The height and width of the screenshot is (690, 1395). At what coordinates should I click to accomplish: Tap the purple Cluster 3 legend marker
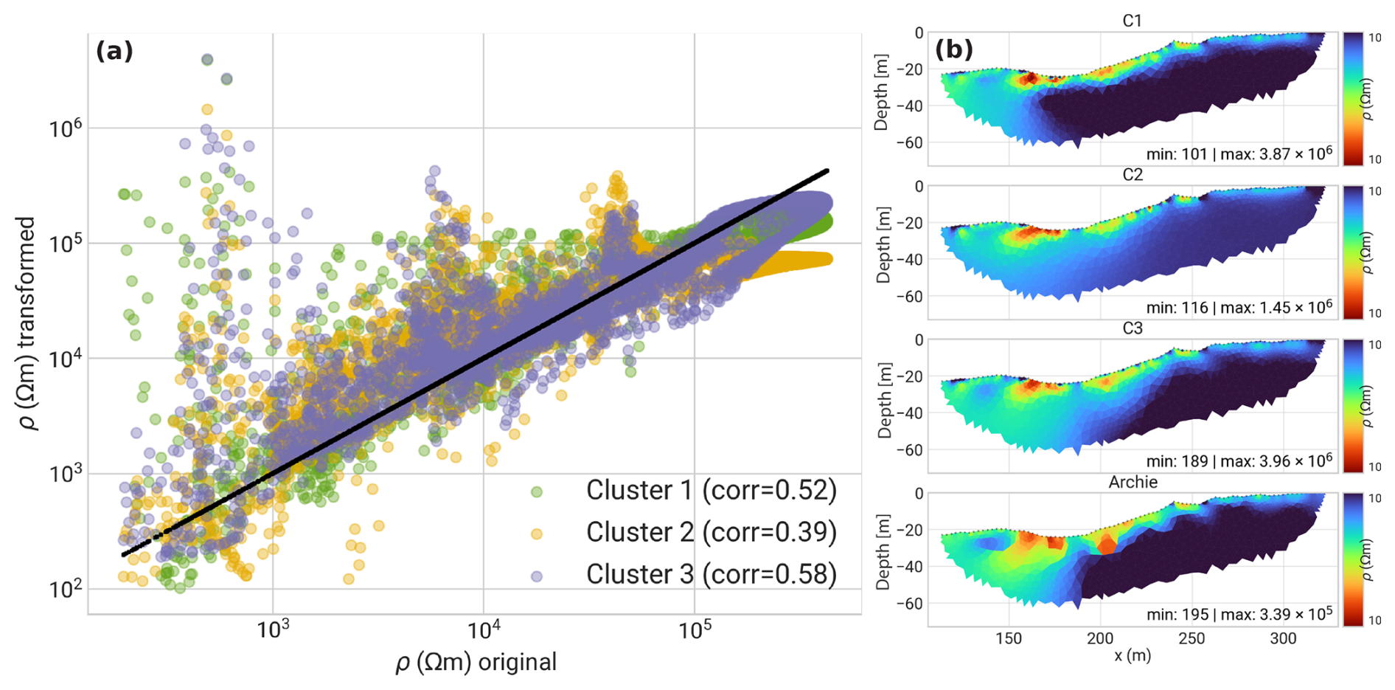click(x=537, y=576)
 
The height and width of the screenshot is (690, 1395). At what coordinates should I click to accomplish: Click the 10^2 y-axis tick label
click(x=65, y=590)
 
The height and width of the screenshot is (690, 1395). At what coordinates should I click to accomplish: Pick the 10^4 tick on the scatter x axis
click(x=483, y=631)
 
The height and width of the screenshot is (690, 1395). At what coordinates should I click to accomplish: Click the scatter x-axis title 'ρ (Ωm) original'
click(x=476, y=662)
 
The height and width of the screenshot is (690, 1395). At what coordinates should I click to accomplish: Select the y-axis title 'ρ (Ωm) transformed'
click(x=27, y=323)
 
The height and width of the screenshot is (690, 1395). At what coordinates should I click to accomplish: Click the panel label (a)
click(x=114, y=51)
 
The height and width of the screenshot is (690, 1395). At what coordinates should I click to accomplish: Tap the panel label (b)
click(x=954, y=49)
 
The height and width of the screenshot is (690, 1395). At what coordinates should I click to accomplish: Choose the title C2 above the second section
click(x=1132, y=175)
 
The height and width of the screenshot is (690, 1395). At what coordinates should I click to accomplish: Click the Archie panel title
click(x=1133, y=482)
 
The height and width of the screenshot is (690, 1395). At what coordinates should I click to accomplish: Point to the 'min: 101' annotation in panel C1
click(x=1176, y=154)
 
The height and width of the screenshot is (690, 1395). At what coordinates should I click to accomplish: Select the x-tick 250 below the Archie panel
click(x=1192, y=638)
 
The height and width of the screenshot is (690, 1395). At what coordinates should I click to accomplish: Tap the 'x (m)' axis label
click(x=1133, y=655)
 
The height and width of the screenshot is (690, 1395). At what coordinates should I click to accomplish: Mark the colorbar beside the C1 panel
click(x=1352, y=98)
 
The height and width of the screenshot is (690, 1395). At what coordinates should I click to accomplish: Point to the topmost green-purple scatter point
click(x=207, y=60)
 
